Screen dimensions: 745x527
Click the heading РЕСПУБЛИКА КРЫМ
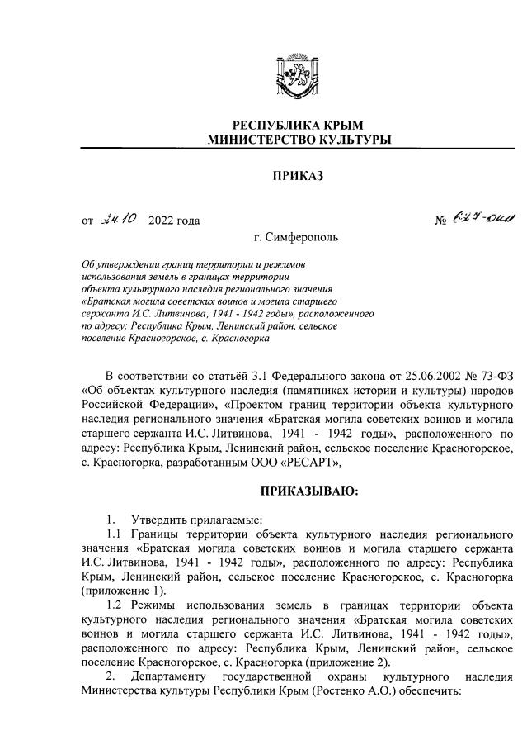click(x=299, y=124)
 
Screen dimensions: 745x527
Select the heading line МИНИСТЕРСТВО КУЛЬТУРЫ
click(x=299, y=140)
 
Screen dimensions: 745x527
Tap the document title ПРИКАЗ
click(x=299, y=175)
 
